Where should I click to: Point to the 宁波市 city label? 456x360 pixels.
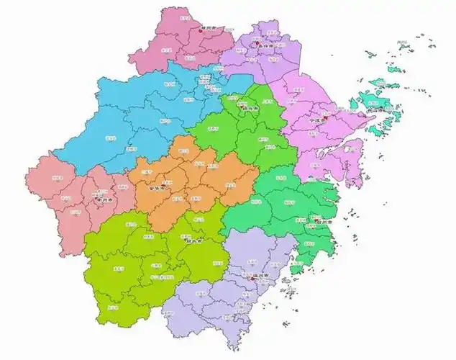(x=317, y=120)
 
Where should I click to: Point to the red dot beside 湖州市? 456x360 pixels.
(x=200, y=30)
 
